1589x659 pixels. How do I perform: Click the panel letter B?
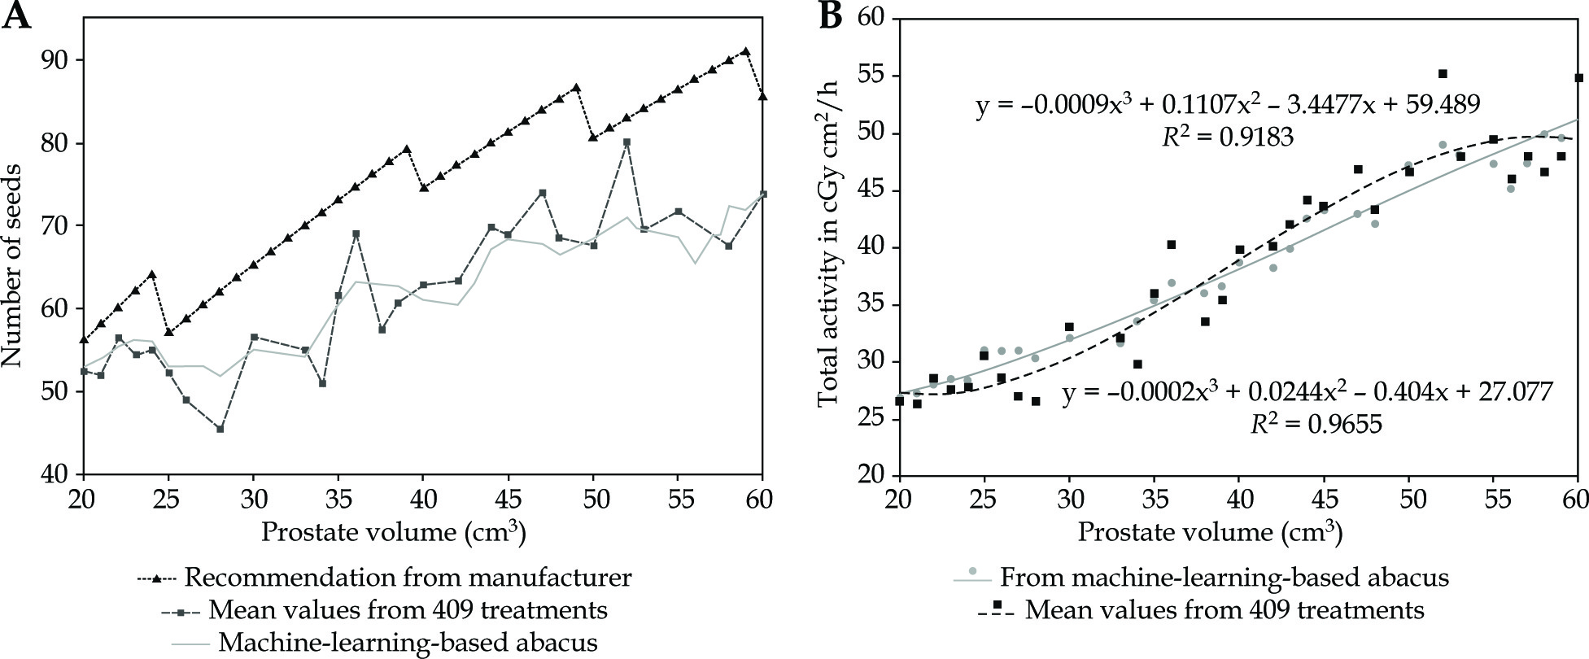coord(829,15)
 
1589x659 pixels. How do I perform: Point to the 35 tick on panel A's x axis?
coord(338,496)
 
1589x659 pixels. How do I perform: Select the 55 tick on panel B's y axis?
coord(871,76)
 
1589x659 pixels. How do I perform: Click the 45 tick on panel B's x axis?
coord(1324,496)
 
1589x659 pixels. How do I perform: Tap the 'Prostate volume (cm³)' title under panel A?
coord(393,533)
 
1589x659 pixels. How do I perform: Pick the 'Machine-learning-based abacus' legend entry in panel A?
coord(408,643)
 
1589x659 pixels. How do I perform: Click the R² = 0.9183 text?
coord(1228,137)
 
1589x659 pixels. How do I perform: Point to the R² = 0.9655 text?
coord(1316,423)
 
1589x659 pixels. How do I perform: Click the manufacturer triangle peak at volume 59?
coord(745,51)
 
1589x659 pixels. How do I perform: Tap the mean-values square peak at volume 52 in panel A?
coord(626,142)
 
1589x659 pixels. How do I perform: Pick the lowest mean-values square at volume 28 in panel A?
coord(220,429)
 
